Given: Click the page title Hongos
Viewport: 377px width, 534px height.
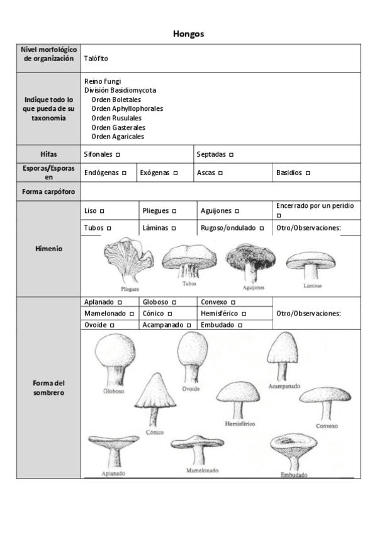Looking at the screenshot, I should pos(188,34).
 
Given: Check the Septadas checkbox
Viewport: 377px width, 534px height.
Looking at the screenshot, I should pos(231,154).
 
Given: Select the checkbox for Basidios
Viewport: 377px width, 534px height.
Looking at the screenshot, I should pos(308,173).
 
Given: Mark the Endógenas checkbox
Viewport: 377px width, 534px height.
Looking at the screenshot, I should pos(124,173).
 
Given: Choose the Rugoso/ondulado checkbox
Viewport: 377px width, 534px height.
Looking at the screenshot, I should pos(261,228).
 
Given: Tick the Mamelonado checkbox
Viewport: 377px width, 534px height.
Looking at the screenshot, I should pos(132,313).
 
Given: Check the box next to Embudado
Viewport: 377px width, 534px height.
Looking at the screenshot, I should pos(241,325).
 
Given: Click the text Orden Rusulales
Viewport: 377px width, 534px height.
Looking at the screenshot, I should pos(116,118).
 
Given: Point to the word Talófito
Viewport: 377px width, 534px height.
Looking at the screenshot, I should pos(96,58).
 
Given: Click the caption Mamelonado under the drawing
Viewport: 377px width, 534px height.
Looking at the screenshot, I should pos(202,470).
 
